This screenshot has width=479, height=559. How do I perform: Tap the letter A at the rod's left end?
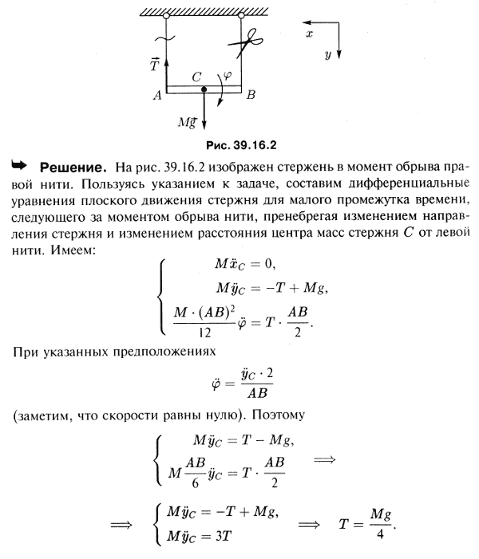156,95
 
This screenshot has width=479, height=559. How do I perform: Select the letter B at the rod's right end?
251,95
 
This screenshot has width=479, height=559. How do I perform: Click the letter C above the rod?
196,77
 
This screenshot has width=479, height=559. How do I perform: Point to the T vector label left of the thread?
153,65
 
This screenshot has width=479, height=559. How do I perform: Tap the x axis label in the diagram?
310,36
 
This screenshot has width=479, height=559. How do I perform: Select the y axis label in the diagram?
328,56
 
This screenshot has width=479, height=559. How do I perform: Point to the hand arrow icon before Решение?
18,167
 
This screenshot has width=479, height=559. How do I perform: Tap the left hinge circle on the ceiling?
166,15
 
